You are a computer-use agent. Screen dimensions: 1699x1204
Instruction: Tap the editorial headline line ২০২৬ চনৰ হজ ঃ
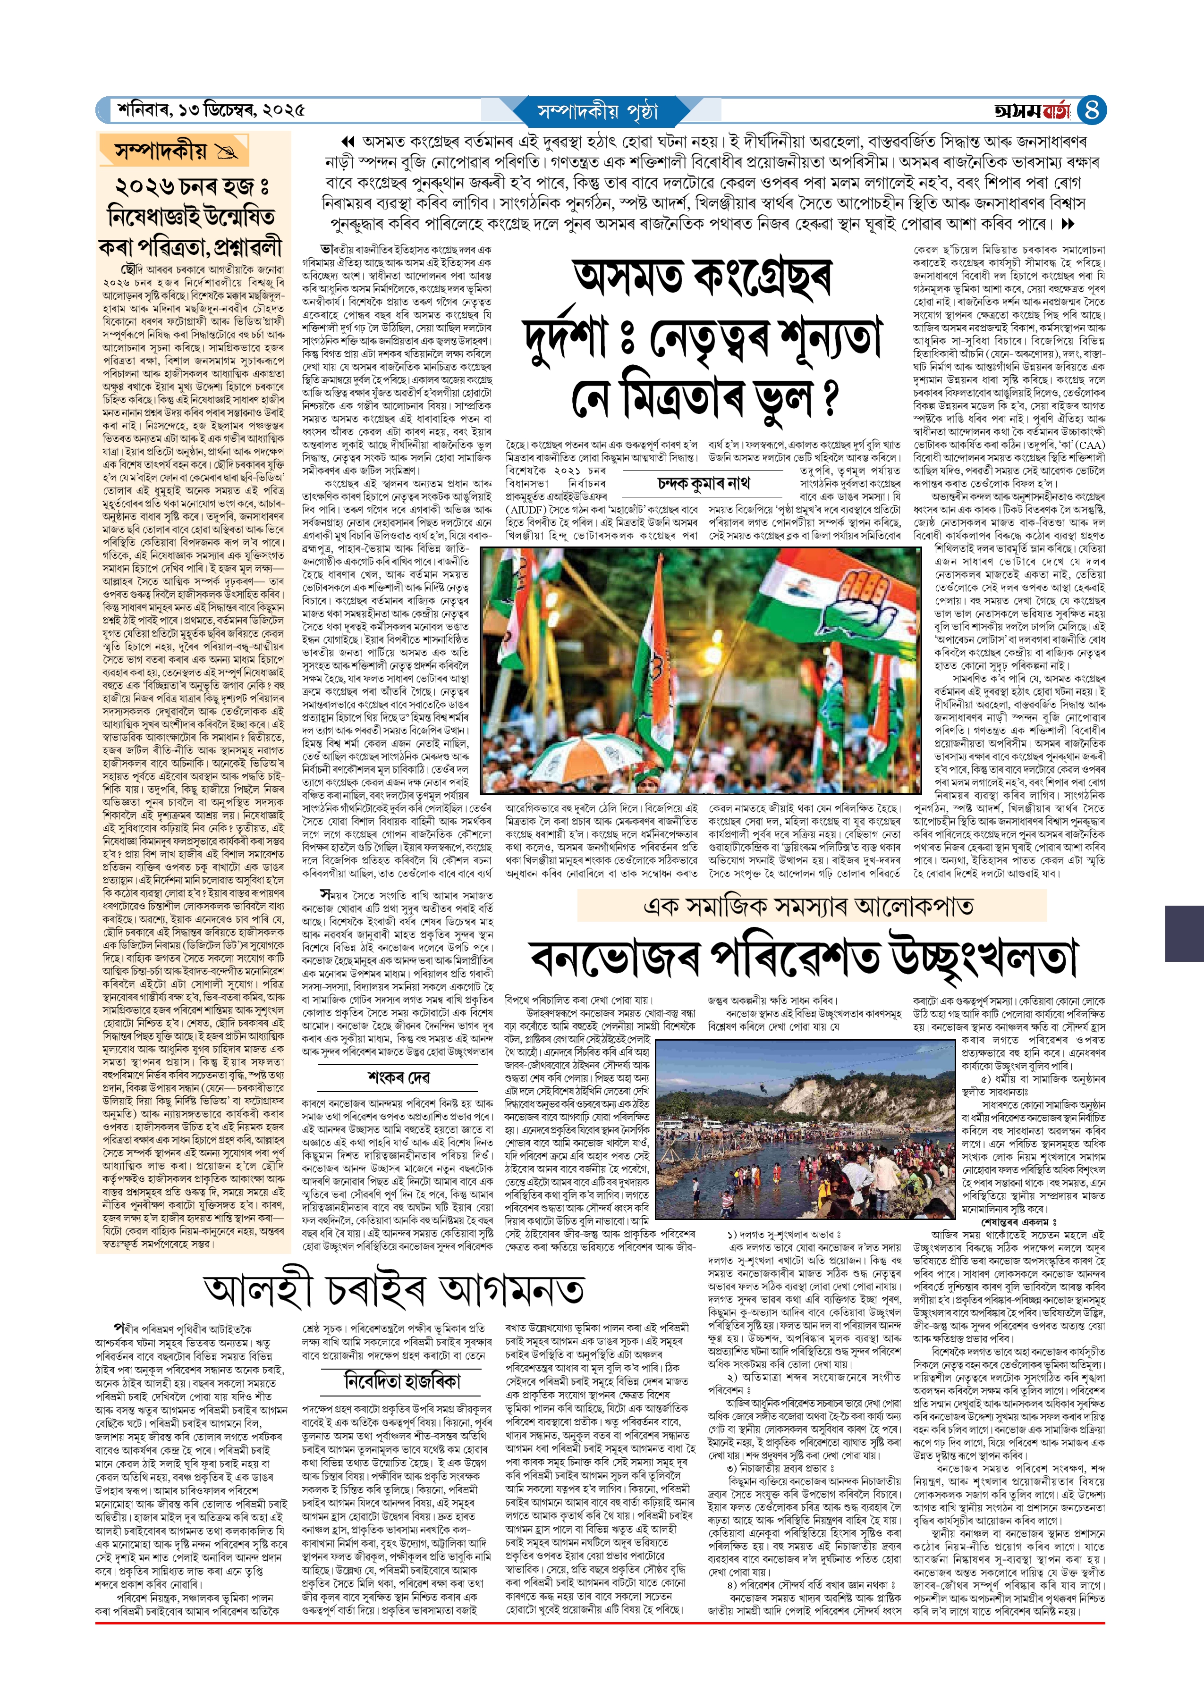coord(191,186)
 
